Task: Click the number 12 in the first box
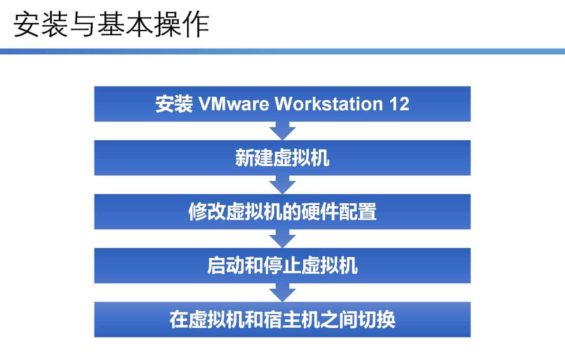coord(399,104)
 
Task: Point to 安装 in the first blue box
coord(173,105)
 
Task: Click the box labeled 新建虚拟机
coord(282,158)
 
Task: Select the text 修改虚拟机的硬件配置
coord(282,212)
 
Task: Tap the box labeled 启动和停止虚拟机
coord(282,266)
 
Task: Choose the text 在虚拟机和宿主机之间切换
coord(282,320)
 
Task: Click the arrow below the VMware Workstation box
coord(282,131)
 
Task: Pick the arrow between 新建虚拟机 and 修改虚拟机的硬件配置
coord(282,185)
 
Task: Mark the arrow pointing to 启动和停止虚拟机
coord(282,239)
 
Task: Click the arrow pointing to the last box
coord(282,292)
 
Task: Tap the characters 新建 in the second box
coord(251,158)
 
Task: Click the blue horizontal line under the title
coord(282,51)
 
